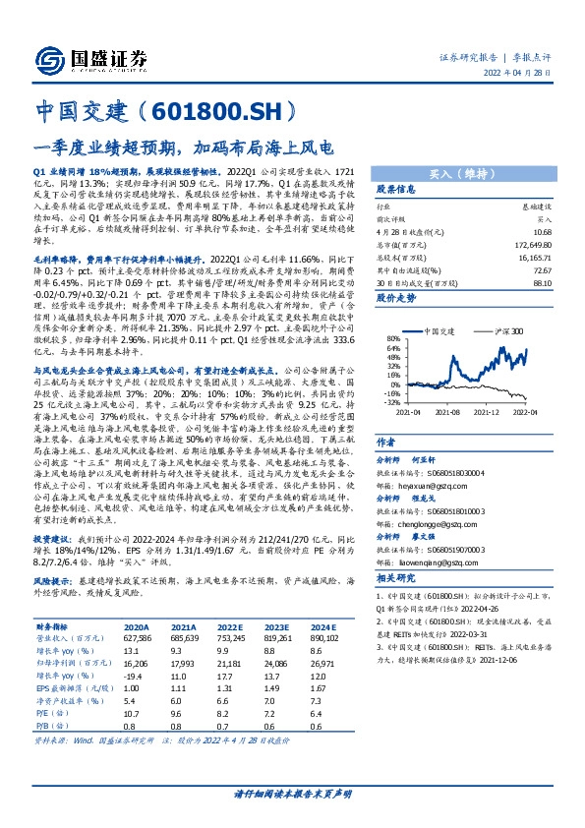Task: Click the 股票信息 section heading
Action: click(x=397, y=189)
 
